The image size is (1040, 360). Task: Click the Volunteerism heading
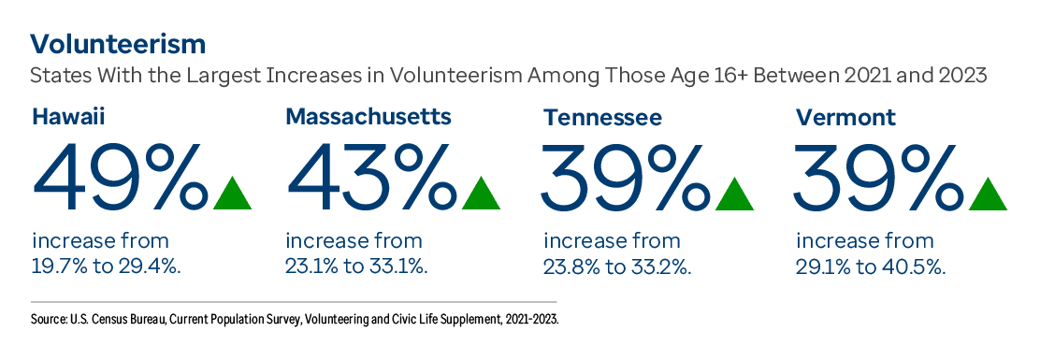[118, 44]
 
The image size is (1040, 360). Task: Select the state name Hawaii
[67, 117]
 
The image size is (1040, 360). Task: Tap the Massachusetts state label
[368, 117]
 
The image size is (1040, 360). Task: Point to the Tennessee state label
[603, 118]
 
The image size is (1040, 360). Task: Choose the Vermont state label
[845, 118]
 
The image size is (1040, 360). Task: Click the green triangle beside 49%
[233, 193]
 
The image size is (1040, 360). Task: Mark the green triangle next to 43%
[482, 193]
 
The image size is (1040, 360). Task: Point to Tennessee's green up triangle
[735, 193]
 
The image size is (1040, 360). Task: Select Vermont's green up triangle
[988, 193]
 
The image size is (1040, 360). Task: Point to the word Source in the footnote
[49, 320]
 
